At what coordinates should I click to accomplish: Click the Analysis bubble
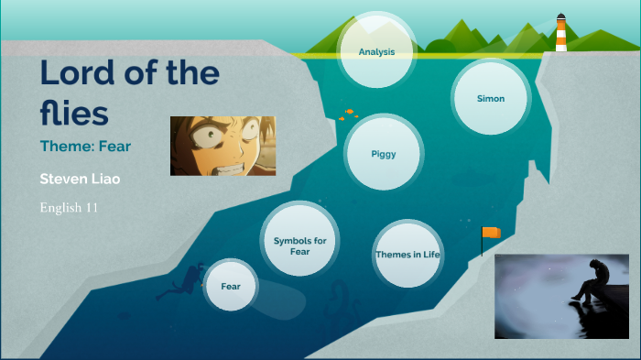pyautogui.click(x=377, y=51)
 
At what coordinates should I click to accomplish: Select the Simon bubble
pyautogui.click(x=491, y=98)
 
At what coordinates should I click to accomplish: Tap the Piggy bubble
pyautogui.click(x=384, y=154)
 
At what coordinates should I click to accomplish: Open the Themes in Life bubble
pyautogui.click(x=407, y=254)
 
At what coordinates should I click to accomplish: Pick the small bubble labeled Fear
pyautogui.click(x=231, y=286)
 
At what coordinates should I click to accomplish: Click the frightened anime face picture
pyautogui.click(x=223, y=146)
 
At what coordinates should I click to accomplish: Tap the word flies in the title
pyautogui.click(x=74, y=112)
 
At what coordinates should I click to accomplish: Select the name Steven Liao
pyautogui.click(x=81, y=178)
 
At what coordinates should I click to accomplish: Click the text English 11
pyautogui.click(x=70, y=207)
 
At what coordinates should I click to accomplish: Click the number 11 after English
pyautogui.click(x=92, y=207)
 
